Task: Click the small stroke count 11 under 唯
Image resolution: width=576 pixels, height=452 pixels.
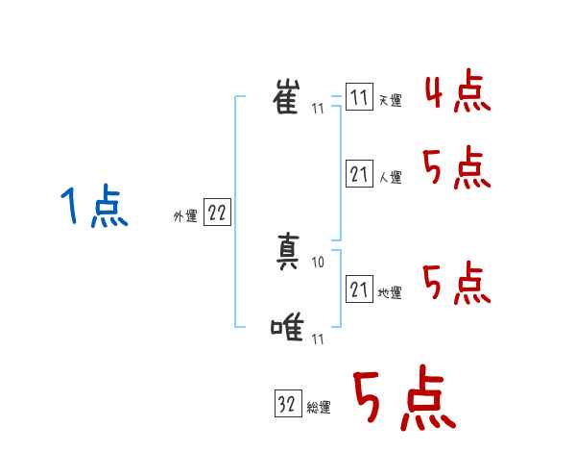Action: point(318,339)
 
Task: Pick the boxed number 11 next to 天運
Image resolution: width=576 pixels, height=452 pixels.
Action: point(358,98)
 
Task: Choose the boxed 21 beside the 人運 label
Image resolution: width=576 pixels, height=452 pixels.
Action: point(358,174)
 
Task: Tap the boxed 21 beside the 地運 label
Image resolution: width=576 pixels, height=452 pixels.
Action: point(358,289)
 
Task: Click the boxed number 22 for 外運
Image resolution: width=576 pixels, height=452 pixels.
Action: point(216,213)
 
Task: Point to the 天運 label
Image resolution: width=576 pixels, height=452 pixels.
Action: point(390,101)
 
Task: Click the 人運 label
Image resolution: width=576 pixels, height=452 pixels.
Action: point(390,177)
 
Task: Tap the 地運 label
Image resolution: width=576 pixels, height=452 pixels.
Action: point(390,292)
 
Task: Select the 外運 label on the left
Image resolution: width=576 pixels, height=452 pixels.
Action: point(185,216)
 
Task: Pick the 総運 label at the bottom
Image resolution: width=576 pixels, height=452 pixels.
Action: point(319,408)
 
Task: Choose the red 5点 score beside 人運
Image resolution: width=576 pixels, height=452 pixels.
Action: point(457,170)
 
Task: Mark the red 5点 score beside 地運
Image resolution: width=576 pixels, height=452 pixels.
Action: point(457,283)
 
